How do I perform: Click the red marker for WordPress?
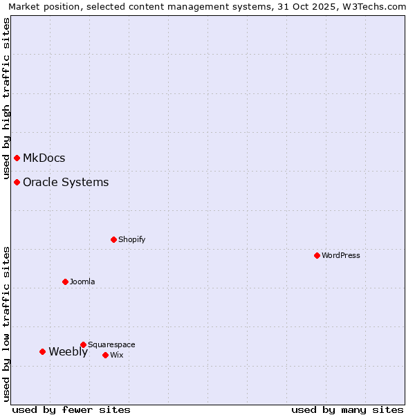point(317,255)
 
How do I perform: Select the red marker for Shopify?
point(113,239)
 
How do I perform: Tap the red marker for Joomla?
point(65,282)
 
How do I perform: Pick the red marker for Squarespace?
point(83,344)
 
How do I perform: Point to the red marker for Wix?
point(105,355)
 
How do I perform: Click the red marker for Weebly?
point(42,351)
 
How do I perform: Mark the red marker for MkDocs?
point(17,158)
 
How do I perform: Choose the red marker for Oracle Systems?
point(17,182)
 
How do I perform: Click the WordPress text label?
point(341,255)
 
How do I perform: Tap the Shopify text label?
point(131,239)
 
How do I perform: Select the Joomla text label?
point(82,282)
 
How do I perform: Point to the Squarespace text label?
point(111,344)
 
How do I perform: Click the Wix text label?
point(116,355)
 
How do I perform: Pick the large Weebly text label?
point(68,351)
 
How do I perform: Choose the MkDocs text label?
point(44,158)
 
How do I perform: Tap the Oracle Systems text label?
point(66,182)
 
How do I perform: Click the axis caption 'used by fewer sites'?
point(71,409)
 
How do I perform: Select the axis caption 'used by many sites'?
point(347,409)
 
